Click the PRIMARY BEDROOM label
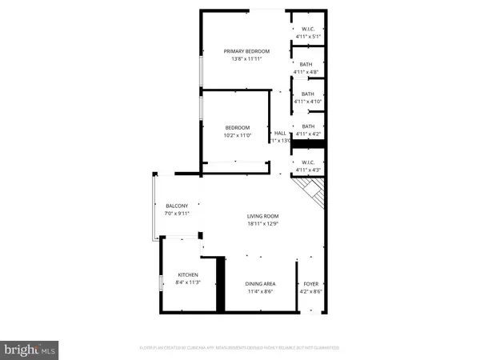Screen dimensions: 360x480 tap(246, 51)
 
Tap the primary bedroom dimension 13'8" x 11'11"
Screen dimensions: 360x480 tap(246, 59)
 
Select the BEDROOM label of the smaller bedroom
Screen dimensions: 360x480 tap(237, 128)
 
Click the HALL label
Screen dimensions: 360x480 tap(280, 134)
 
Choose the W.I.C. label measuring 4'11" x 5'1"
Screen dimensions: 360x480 tap(308, 29)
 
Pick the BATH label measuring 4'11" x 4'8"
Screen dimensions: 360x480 tap(308, 66)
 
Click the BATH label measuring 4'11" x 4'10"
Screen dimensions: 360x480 tap(308, 94)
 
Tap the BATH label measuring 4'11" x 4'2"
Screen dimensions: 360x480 tap(308, 126)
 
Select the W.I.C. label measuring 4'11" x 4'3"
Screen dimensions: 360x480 tap(308, 163)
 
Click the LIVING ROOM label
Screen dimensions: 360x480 tap(262, 217)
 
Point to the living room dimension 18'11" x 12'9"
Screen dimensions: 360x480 tap(262, 225)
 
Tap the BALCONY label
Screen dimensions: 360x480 tap(177, 206)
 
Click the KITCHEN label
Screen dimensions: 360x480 tap(188, 274)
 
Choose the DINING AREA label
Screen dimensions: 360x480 tap(260, 284)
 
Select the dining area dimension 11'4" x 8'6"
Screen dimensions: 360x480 tap(260, 292)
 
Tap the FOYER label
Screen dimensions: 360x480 tap(311, 284)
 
